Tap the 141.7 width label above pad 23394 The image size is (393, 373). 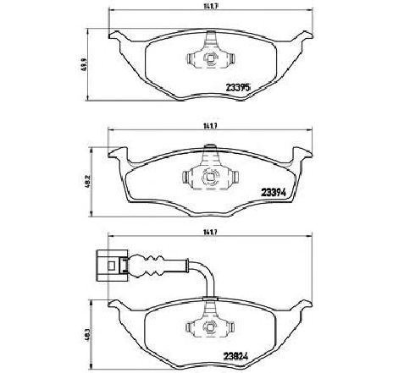click(202, 127)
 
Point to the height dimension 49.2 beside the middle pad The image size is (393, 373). click(87, 181)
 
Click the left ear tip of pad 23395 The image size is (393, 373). click(113, 36)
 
